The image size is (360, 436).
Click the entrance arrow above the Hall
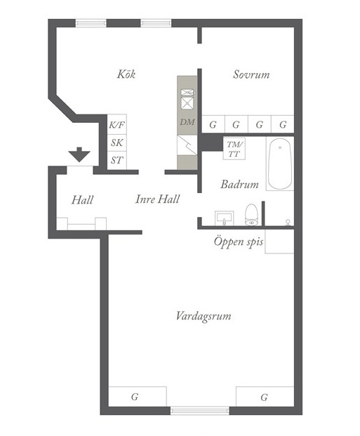point(79,154)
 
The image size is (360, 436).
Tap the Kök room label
point(126,74)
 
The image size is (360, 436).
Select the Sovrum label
point(251,74)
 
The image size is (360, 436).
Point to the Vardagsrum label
point(204,317)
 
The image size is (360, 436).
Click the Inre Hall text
point(158,199)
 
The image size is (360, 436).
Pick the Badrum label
point(239,185)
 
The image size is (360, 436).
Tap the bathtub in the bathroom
point(280,164)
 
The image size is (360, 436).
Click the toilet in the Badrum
point(252,214)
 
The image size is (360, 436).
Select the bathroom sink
point(224,218)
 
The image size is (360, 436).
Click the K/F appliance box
point(117,124)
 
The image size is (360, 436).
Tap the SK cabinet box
point(117,143)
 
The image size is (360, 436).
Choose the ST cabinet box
point(117,160)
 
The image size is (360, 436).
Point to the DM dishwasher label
point(187,121)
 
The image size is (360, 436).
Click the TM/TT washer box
point(234,149)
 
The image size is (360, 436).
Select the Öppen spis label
point(239,242)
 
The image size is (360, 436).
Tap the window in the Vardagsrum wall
point(200,411)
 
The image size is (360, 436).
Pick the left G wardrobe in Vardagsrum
point(138,397)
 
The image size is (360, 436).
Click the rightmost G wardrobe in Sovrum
point(283,124)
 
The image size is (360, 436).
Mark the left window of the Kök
point(91,23)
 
